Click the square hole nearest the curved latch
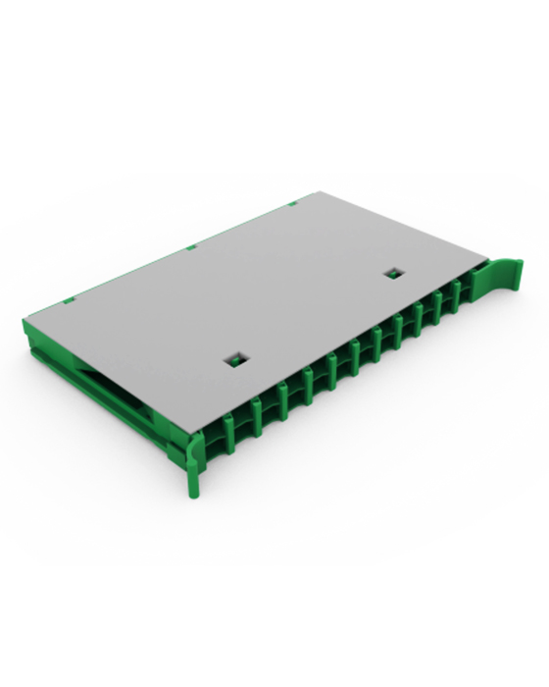394,273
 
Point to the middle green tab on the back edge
190,246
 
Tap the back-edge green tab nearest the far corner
292,204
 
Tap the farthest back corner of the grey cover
297,193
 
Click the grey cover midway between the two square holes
314,317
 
